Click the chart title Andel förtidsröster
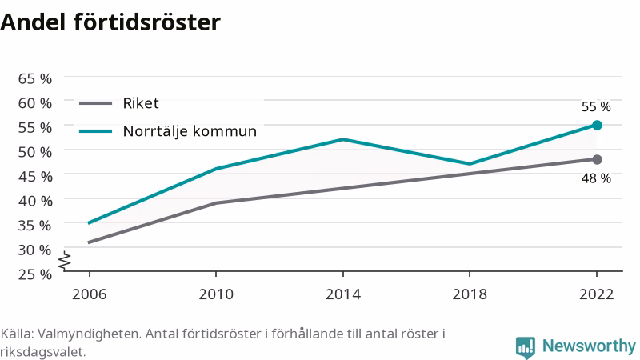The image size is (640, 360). coord(110,22)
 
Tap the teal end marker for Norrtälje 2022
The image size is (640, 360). coord(597,126)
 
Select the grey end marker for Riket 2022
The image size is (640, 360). coord(597,159)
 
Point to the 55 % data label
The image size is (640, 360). coord(596,107)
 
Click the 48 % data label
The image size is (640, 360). coord(596,178)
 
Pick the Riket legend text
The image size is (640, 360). coord(141,103)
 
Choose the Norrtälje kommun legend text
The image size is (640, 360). coord(190,131)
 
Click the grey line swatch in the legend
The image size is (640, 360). coord(95,103)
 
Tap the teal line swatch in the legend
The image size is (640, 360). coord(95,131)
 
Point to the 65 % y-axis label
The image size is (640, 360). coord(35,78)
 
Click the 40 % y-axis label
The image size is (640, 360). coord(35,201)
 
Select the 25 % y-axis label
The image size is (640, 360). coord(35,274)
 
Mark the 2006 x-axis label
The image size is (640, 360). coord(89,294)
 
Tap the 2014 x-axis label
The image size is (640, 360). coord(343,294)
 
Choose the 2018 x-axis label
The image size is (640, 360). coord(470,294)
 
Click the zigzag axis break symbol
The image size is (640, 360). coord(65,262)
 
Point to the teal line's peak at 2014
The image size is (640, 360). coord(343,139)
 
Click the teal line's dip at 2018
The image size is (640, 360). coord(470,164)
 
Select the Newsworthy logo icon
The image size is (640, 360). coord(526,348)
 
